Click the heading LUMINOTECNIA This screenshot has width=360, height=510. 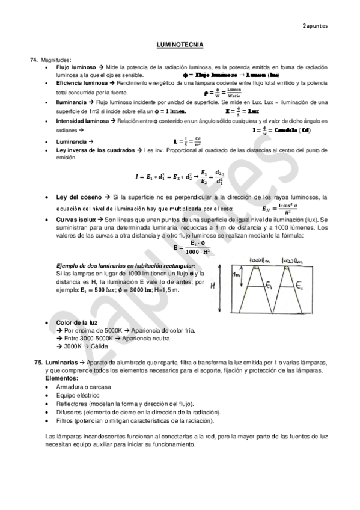click(180, 45)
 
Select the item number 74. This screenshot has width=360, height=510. click(34, 60)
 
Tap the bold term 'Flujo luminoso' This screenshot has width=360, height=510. click(76, 68)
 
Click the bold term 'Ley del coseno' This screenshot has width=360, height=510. click(78, 197)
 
